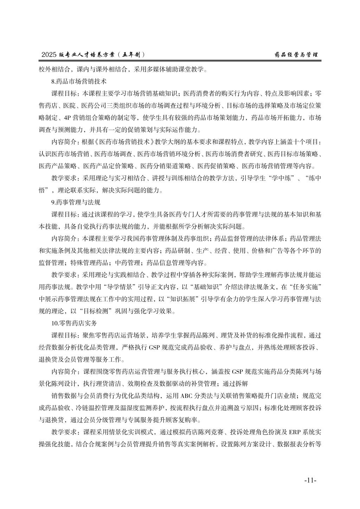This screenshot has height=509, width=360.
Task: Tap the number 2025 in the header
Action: [x=49, y=55]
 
